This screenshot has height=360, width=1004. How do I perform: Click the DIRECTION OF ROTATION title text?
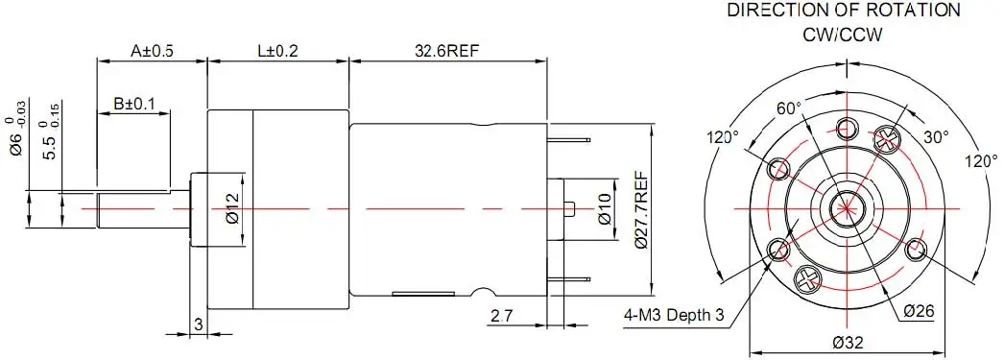(x=844, y=11)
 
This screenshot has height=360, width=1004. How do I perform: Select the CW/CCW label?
(x=843, y=35)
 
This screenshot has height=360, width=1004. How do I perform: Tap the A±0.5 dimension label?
(x=151, y=51)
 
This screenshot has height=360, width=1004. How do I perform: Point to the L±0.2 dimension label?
(x=278, y=51)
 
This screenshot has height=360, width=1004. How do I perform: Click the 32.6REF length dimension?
(x=447, y=51)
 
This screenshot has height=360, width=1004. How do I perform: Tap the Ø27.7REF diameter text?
(x=640, y=209)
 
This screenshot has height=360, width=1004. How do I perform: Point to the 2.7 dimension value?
(x=503, y=315)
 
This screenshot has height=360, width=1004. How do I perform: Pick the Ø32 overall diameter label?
(x=846, y=342)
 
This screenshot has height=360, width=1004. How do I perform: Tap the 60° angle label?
(x=789, y=109)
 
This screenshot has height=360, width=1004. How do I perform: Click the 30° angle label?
(x=936, y=137)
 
